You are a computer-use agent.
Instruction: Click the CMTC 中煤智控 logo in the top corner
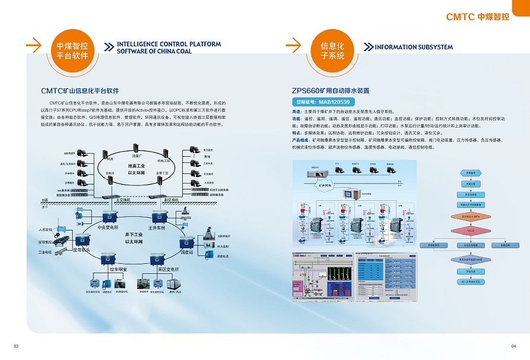(477, 17)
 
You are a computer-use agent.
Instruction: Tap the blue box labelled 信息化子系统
(332, 50)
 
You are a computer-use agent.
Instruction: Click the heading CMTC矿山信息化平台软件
(80, 91)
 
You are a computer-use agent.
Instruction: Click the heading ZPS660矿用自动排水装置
(330, 91)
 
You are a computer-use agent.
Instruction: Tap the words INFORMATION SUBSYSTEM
(413, 47)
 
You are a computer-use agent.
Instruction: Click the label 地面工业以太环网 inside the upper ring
(136, 169)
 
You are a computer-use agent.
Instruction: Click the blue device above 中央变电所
(109, 216)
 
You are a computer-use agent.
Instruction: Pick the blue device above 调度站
(186, 242)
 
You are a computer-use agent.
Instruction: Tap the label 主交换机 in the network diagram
(123, 200)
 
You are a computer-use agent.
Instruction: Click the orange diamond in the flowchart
(469, 216)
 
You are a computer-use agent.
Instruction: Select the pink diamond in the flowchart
(469, 230)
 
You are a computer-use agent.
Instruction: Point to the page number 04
(513, 346)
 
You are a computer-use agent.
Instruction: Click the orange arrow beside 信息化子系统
(294, 45)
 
